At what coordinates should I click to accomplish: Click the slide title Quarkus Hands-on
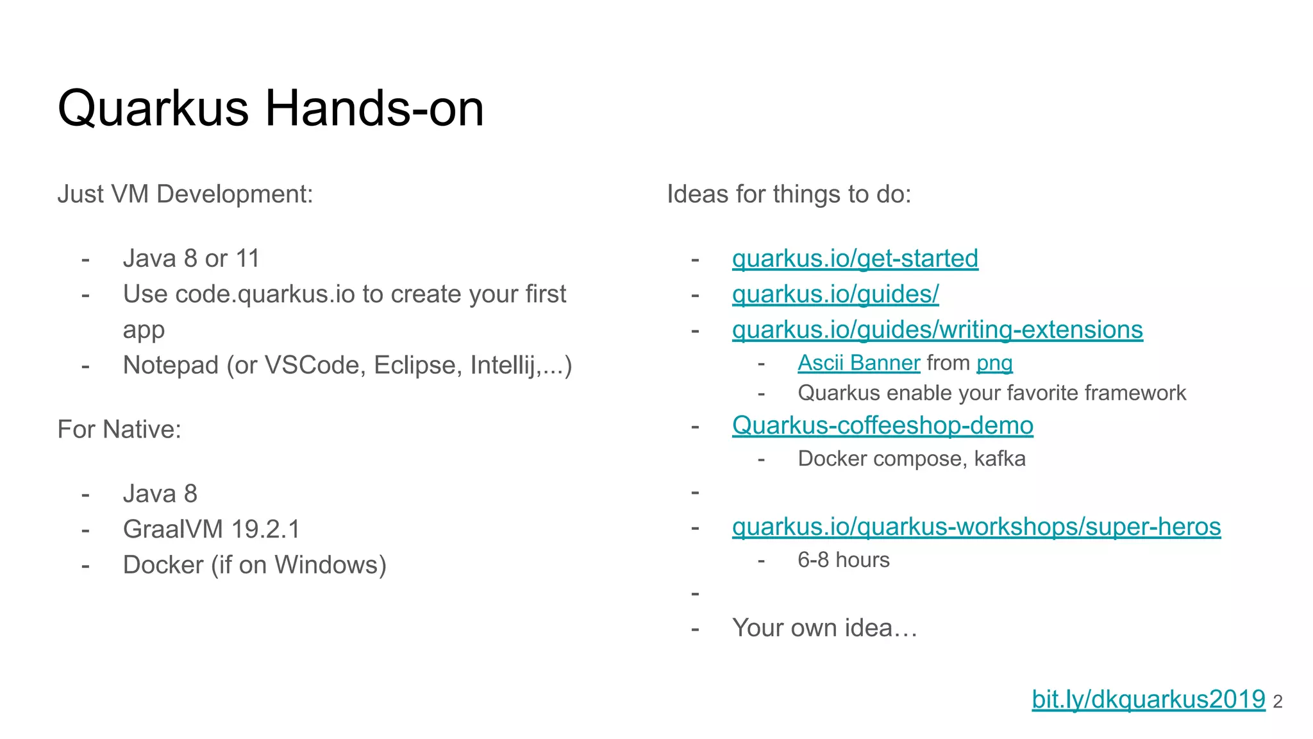(x=271, y=108)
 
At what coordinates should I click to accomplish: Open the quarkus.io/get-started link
(x=855, y=259)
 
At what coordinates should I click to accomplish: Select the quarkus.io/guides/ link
(x=835, y=294)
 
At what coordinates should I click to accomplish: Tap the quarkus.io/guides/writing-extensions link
(x=937, y=330)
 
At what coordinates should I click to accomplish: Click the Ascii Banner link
(x=858, y=363)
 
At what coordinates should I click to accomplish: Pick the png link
(x=994, y=363)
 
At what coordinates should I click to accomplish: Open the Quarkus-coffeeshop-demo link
(x=882, y=425)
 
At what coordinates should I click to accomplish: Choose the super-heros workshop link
(x=976, y=527)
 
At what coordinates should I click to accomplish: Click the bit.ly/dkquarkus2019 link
(x=1148, y=699)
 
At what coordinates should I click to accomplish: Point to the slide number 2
(x=1277, y=702)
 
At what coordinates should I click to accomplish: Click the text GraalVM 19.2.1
(x=212, y=529)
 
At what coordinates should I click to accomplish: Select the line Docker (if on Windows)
(x=255, y=565)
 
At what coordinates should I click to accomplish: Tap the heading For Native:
(x=119, y=429)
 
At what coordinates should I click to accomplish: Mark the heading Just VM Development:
(x=185, y=194)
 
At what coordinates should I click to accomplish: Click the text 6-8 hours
(x=843, y=560)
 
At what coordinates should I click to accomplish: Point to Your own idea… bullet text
(x=824, y=628)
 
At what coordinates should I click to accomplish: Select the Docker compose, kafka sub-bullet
(x=911, y=459)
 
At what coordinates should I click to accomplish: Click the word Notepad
(x=171, y=366)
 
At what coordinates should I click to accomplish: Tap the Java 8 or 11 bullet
(x=191, y=259)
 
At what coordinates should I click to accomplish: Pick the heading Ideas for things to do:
(x=789, y=194)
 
